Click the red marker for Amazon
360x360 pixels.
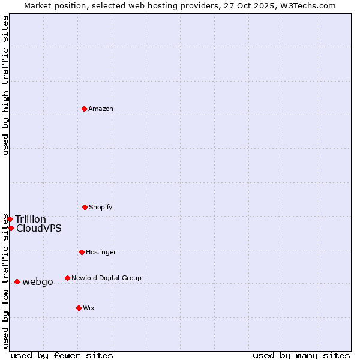point(84,109)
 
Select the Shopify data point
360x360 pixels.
point(85,207)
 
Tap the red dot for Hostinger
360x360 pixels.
point(82,252)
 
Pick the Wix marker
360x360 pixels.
point(79,308)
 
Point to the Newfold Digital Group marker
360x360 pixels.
point(67,278)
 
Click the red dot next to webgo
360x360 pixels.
point(17,281)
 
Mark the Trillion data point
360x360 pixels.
point(10,219)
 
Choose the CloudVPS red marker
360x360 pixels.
point(11,228)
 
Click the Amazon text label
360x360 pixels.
point(101,109)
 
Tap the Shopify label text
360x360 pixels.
point(101,207)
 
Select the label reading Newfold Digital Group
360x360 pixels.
point(106,278)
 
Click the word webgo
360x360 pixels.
point(38,281)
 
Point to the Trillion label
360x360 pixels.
point(31,219)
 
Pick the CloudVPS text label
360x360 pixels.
point(39,228)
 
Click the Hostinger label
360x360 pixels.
point(101,252)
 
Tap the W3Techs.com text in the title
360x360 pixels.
point(308,5)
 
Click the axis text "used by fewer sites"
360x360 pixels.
point(62,355)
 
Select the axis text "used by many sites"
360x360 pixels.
point(301,355)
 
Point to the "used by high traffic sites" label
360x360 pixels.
point(5,85)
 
